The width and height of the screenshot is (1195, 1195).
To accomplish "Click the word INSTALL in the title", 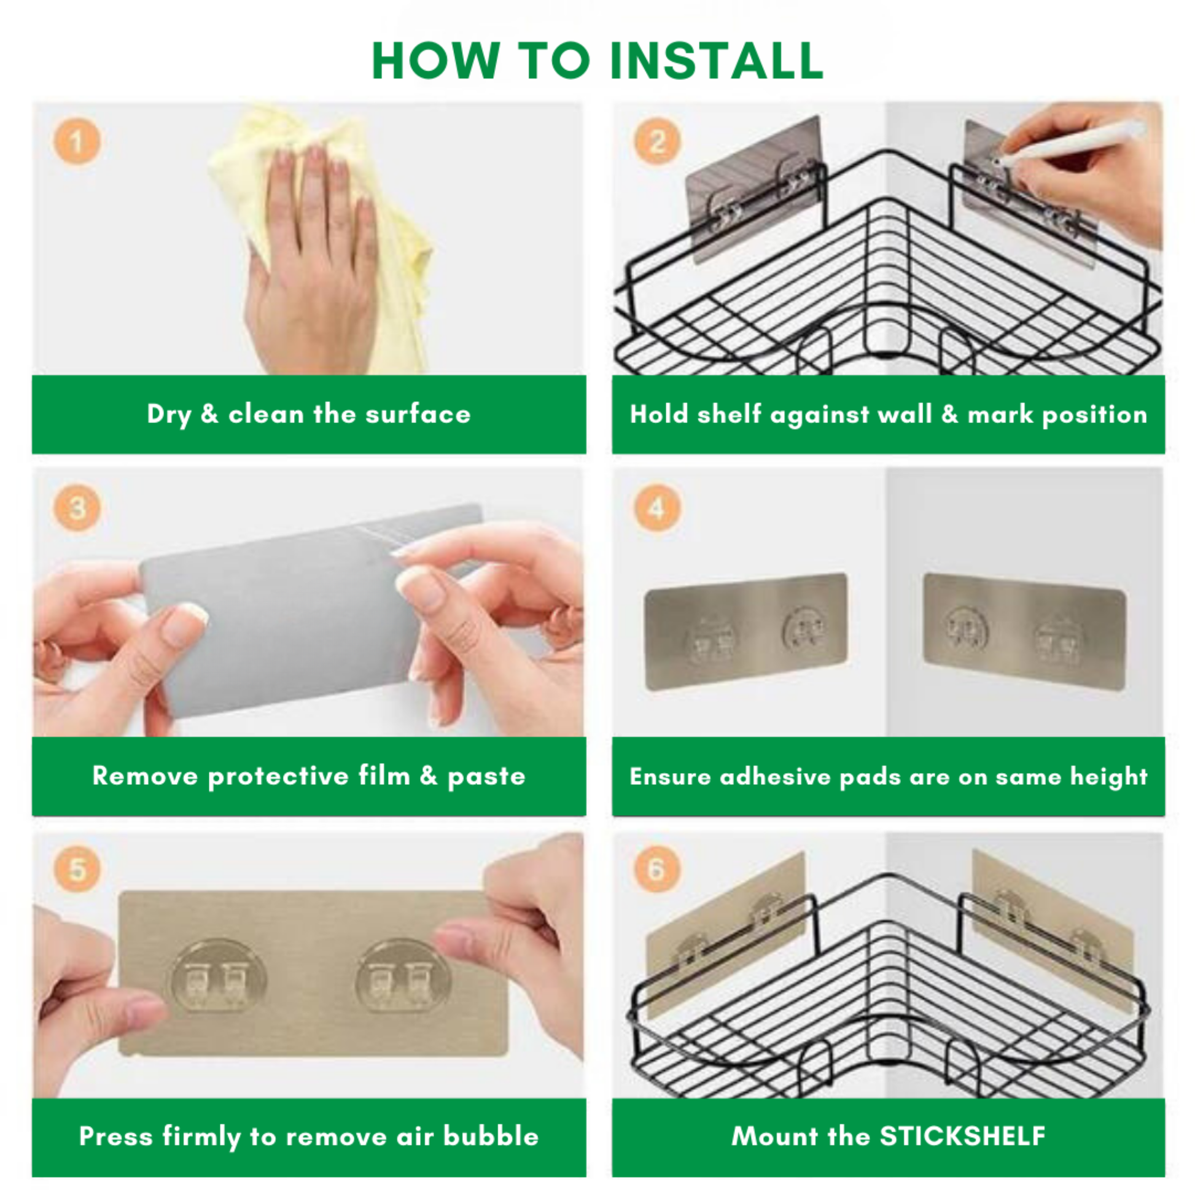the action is tap(716, 61).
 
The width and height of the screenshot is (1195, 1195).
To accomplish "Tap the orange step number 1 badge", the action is tap(77, 142).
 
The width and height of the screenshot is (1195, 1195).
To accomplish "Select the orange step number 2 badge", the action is tap(657, 142).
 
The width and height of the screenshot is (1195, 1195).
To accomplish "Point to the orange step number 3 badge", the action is tap(77, 508).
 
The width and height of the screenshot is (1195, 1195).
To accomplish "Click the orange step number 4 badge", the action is tap(657, 508).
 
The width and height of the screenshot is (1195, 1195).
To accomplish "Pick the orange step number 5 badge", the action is tap(77, 868).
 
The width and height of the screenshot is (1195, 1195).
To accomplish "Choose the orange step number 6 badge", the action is tap(657, 868).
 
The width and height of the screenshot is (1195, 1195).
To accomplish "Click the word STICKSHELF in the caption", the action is tap(962, 1136).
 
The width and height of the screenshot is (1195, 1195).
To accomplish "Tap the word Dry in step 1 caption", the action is tap(169, 415).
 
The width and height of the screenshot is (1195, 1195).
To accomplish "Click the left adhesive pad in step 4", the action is tap(745, 631).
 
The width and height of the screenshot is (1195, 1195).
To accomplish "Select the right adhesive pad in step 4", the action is tap(1024, 631).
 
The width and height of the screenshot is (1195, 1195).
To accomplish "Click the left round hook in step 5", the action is tap(219, 978).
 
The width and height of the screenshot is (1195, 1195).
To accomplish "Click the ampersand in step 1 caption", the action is tap(209, 415).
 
